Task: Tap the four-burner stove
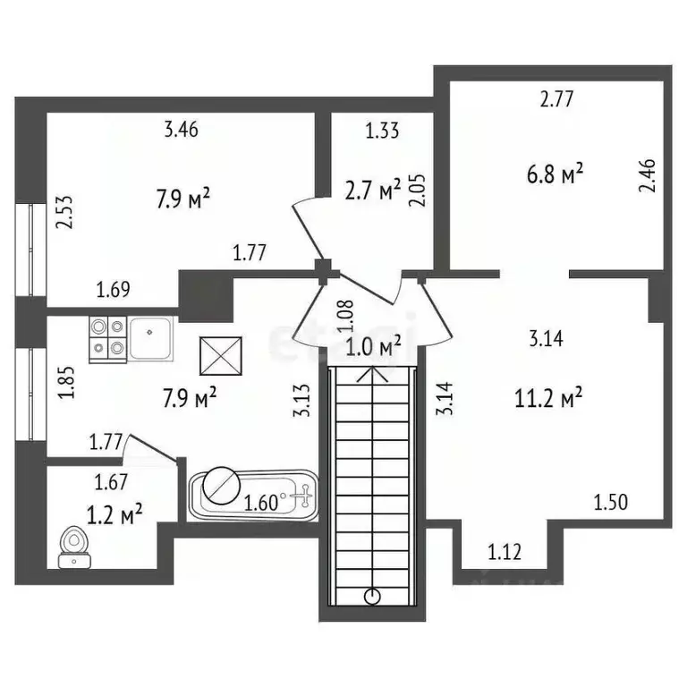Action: (x=107, y=337)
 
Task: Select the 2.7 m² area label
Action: (x=372, y=190)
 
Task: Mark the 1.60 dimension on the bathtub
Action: (x=260, y=503)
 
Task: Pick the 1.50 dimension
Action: (x=612, y=501)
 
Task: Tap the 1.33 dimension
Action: (x=382, y=131)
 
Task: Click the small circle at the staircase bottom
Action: (x=374, y=597)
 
